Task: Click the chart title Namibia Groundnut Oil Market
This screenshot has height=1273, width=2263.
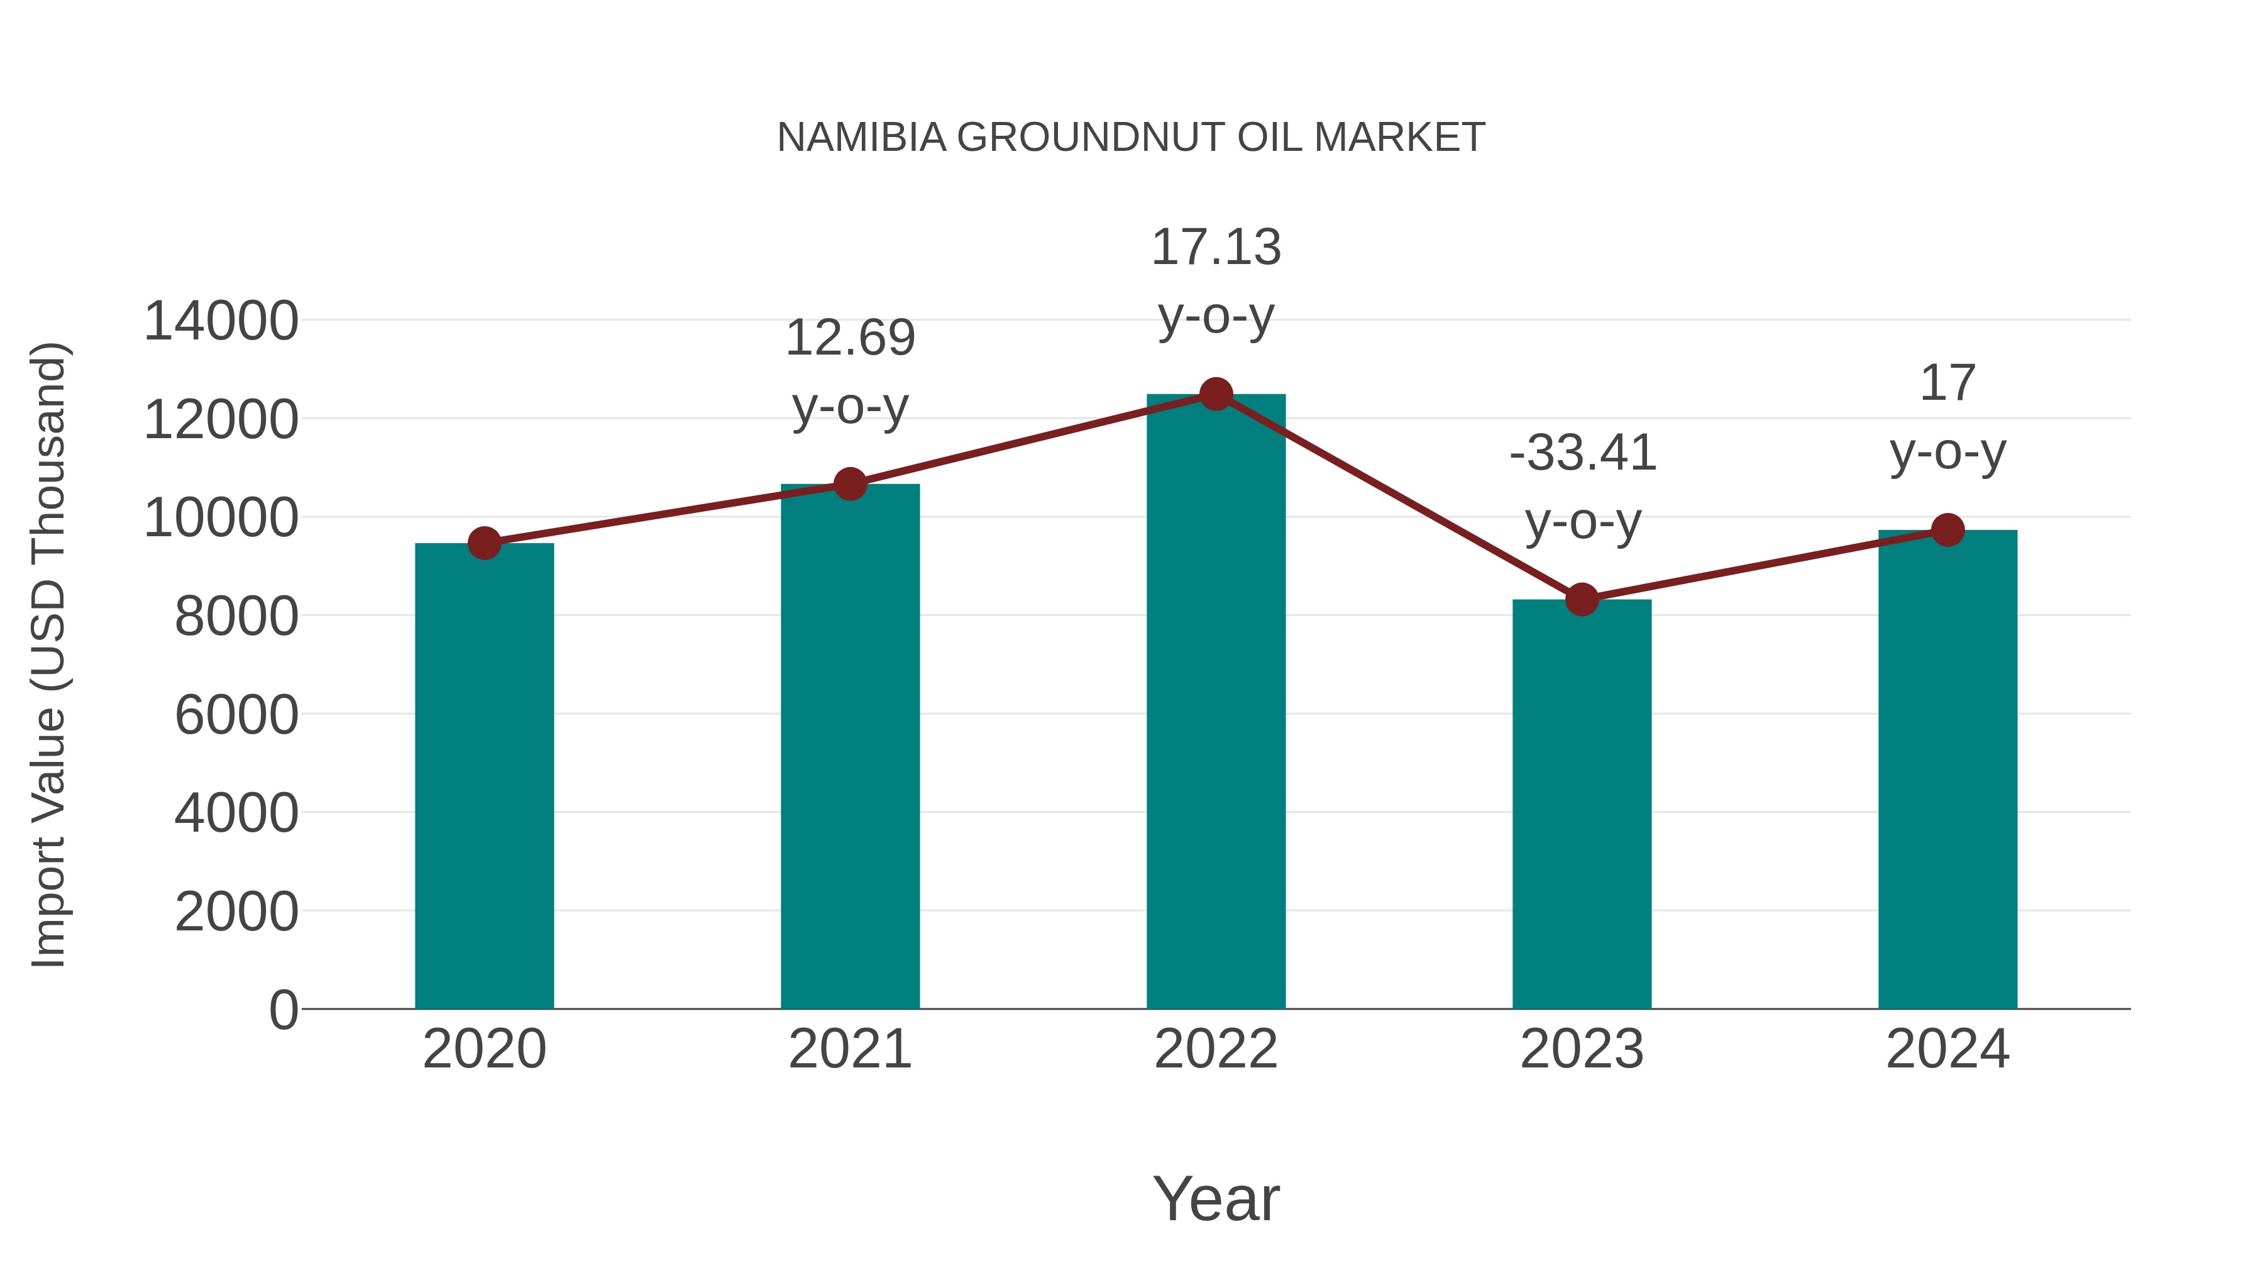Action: click(1131, 138)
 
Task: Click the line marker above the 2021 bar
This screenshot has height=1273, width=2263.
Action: click(849, 483)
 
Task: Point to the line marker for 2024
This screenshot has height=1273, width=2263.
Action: click(1947, 530)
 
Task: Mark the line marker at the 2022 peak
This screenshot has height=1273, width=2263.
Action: click(1216, 394)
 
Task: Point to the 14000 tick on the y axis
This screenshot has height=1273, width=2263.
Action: click(221, 321)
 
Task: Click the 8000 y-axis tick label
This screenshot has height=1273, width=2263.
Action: click(236, 616)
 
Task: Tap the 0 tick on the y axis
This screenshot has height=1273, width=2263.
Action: click(284, 1010)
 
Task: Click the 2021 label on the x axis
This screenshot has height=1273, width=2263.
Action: click(849, 1049)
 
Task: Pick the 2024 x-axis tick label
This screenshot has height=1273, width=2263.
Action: click(1947, 1049)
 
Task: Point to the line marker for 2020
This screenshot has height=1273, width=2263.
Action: click(484, 543)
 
